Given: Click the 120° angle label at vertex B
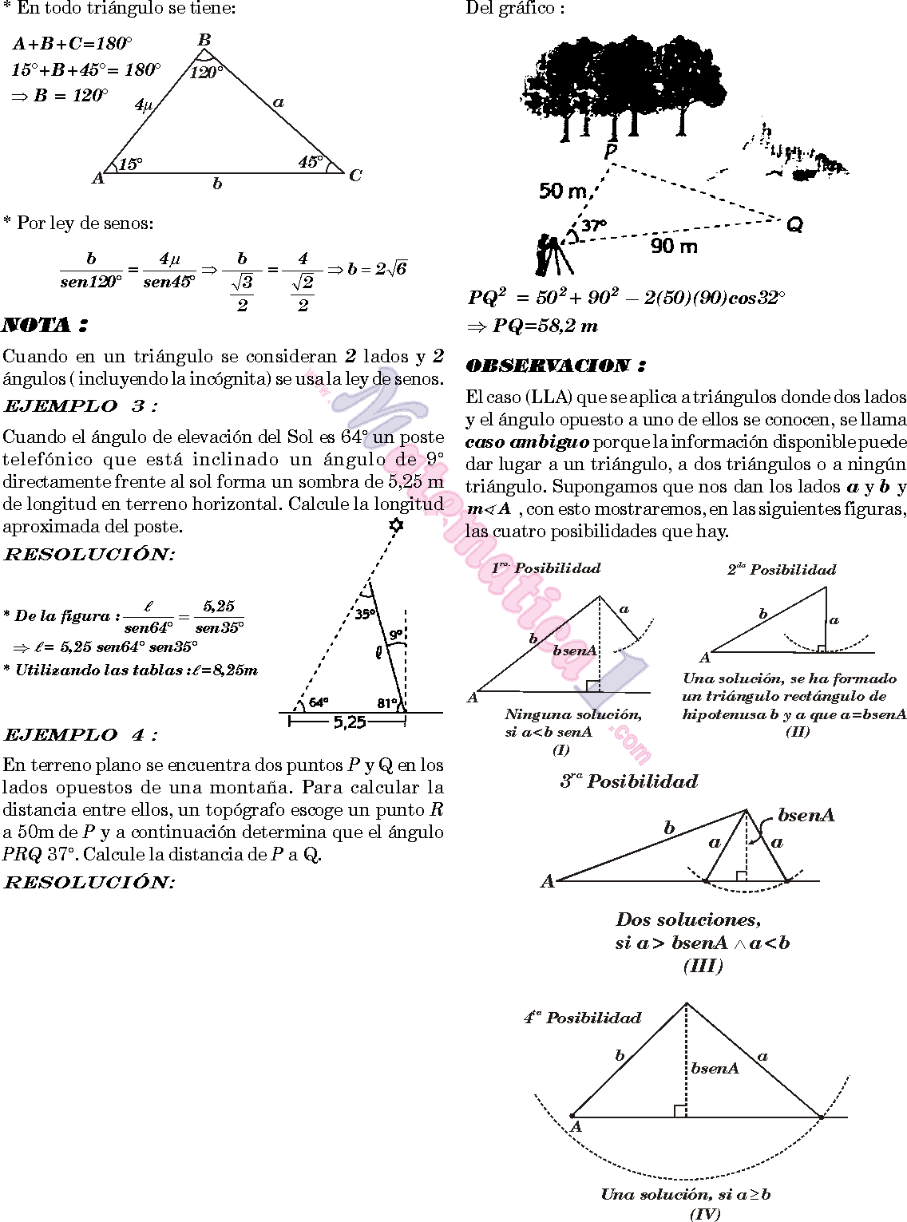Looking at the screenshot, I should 206,73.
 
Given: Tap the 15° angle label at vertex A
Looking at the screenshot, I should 130,164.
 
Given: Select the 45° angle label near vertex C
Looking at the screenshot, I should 311,162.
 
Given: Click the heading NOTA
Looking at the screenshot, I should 45,325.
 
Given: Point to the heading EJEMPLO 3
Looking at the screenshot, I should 81,405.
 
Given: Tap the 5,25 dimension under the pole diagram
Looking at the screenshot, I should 349,722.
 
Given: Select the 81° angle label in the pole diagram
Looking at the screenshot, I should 387,703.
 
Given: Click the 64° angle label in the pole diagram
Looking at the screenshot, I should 319,702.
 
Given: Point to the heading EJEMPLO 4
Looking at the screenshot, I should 81,734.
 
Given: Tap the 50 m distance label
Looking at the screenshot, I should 563,191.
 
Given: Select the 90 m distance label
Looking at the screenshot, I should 674,247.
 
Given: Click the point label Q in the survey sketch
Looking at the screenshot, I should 794,225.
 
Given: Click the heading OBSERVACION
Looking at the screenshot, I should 556,366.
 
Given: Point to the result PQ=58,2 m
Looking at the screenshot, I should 533,326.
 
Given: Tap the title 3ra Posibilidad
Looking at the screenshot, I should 629,781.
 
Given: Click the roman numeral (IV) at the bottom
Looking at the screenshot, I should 705,1214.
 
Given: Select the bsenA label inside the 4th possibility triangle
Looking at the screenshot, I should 715,1068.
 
